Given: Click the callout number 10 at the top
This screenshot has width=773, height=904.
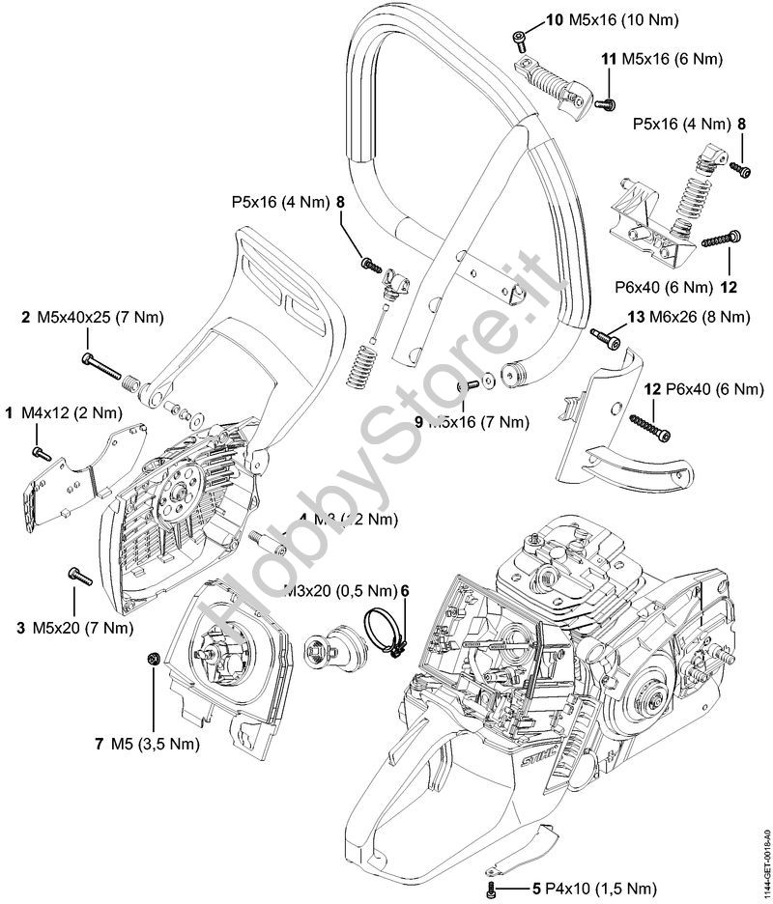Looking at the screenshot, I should tap(554, 19).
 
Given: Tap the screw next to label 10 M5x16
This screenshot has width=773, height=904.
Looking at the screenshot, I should tap(520, 38).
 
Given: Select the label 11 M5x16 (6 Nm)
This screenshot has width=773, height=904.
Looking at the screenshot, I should tap(661, 59).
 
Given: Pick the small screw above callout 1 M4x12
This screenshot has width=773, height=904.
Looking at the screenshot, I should tap(40, 451).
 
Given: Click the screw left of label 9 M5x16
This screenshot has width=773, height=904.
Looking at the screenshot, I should tap(472, 383).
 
